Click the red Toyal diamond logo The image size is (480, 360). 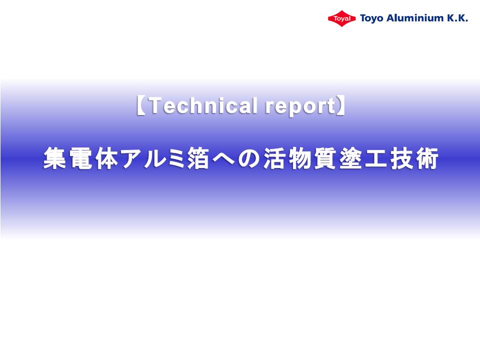(341, 18)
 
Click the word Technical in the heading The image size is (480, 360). (203, 105)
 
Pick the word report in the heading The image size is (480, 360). (300, 107)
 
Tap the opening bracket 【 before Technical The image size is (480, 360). (141, 105)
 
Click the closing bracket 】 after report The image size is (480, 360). (341, 105)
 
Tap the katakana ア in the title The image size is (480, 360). (133, 158)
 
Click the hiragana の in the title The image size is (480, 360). (248, 158)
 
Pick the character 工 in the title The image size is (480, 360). (376, 158)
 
